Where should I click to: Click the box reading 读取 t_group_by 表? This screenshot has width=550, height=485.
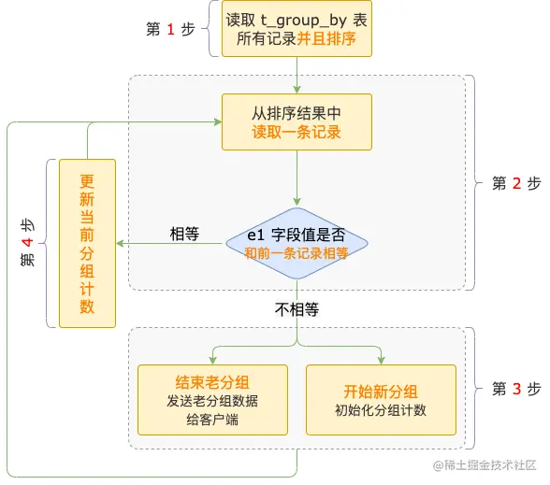point(297,30)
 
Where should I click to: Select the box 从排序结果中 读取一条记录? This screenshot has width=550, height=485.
point(297,121)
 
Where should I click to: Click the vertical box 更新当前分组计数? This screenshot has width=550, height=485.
point(87,243)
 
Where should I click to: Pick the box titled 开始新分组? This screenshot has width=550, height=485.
point(381,399)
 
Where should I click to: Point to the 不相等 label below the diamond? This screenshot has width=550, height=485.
point(296,309)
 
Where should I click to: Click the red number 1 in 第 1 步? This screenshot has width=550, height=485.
point(171,30)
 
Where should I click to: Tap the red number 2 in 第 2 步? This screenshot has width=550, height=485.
point(516,184)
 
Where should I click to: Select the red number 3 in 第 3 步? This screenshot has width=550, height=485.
point(516,389)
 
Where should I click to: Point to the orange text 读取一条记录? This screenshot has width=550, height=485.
point(297,133)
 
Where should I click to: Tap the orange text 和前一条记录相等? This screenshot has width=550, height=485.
point(297,252)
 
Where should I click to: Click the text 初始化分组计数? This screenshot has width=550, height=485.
point(381,410)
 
